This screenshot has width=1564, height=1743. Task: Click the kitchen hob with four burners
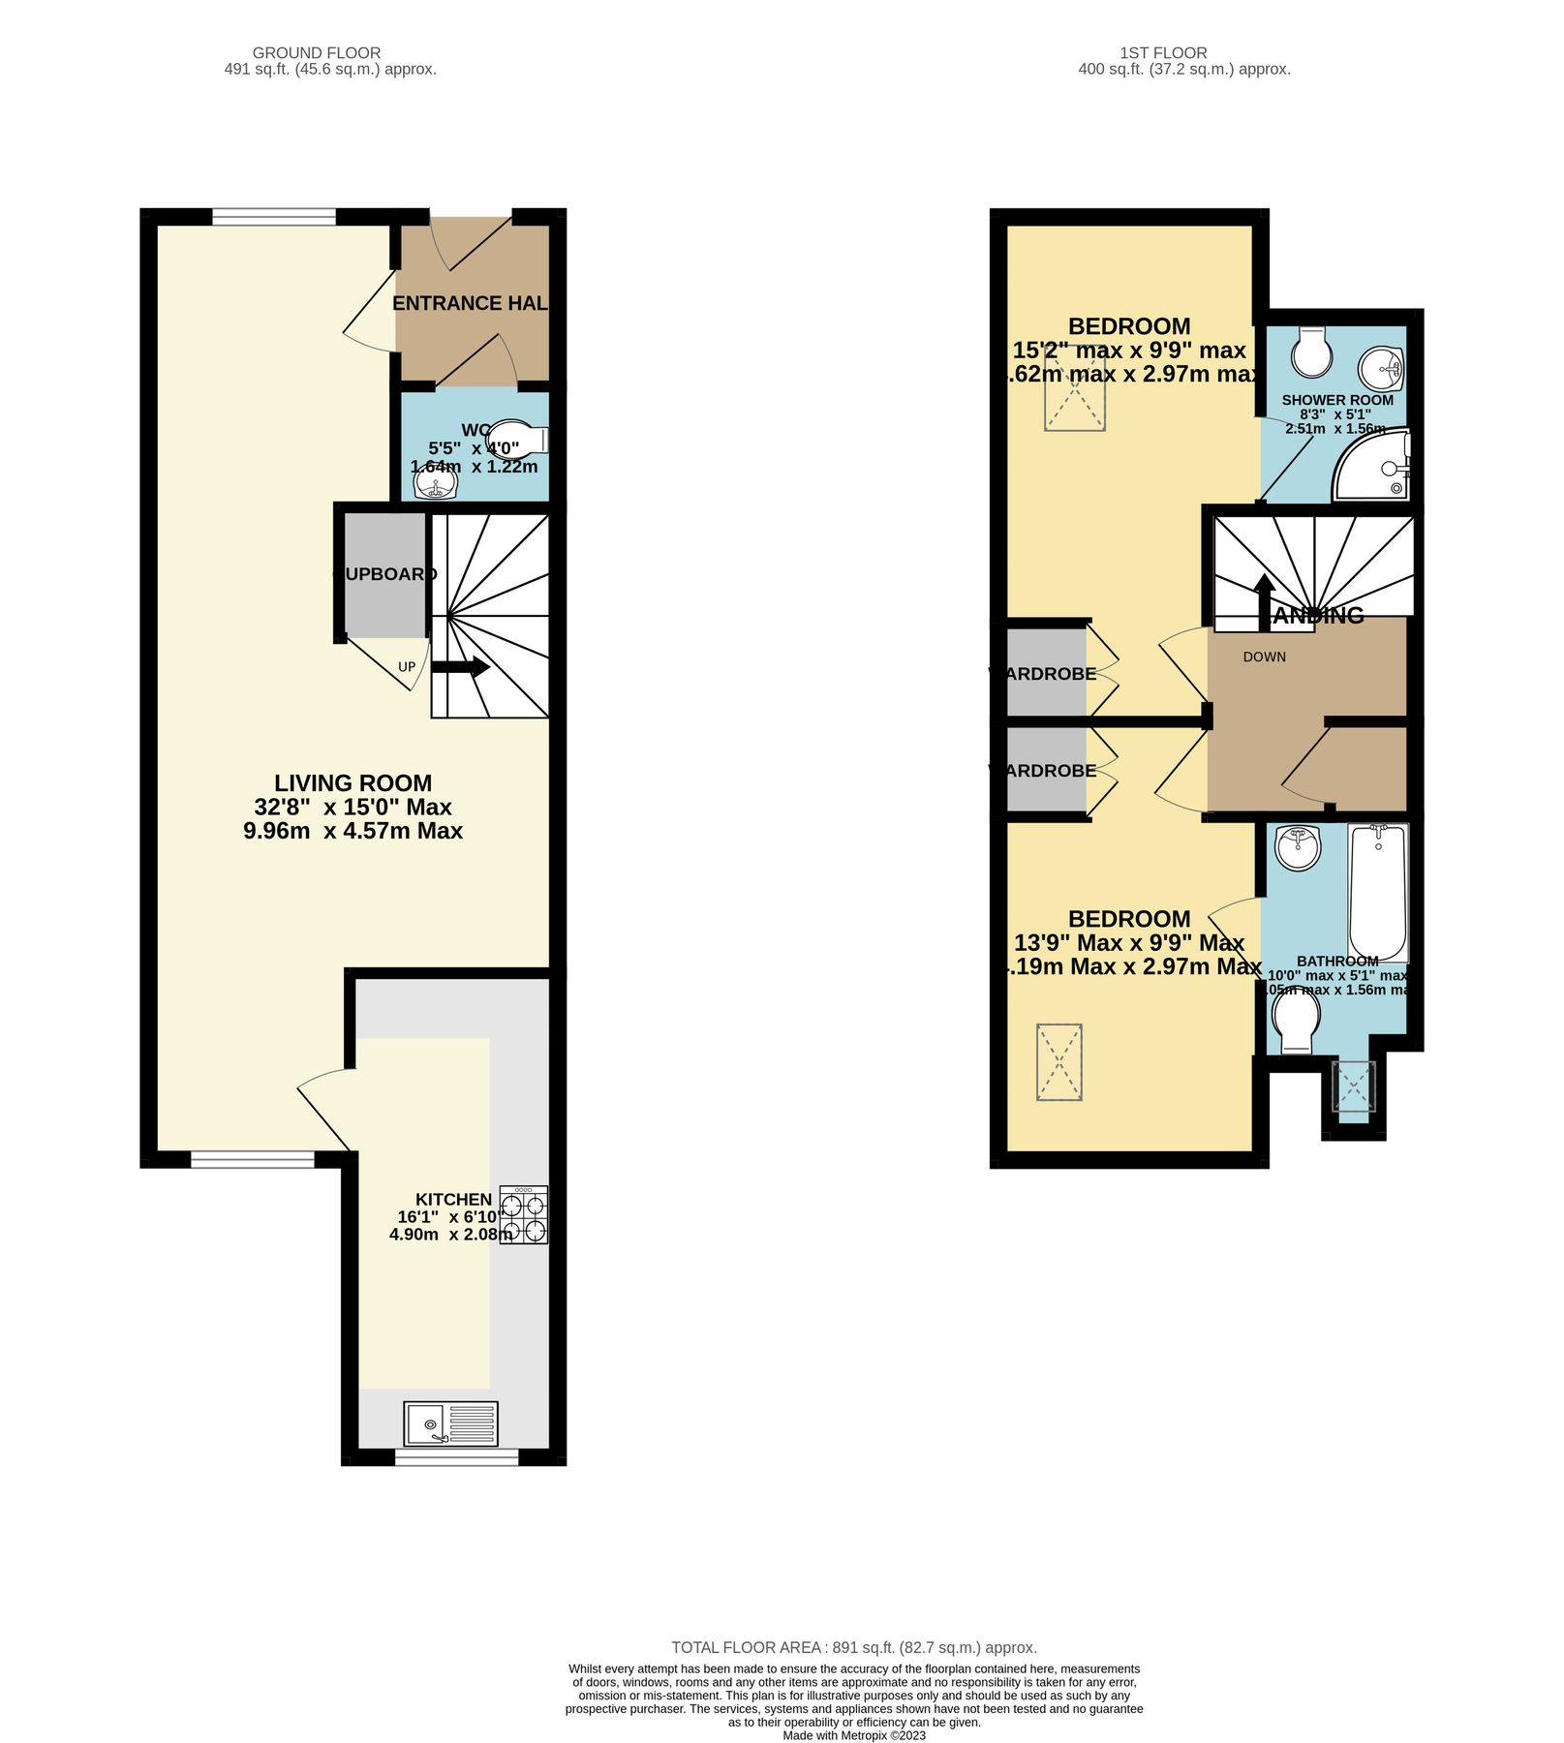click(x=523, y=1214)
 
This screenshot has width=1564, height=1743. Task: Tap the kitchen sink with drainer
click(x=450, y=1423)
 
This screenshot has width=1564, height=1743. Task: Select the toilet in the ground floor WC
click(x=516, y=439)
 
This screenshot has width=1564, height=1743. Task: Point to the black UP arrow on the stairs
click(x=460, y=667)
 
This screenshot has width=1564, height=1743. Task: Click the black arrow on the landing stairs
click(x=1264, y=600)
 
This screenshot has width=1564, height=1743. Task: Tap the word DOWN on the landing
click(x=1264, y=657)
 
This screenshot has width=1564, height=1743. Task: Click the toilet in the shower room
click(x=1311, y=352)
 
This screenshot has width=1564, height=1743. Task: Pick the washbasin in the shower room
click(x=1381, y=368)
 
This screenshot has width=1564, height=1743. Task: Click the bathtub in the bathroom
click(x=1378, y=892)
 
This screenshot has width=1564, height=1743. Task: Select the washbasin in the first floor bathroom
click(x=1297, y=848)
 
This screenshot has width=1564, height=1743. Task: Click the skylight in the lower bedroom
click(x=1058, y=1062)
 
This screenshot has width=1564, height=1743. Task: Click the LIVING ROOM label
click(x=353, y=782)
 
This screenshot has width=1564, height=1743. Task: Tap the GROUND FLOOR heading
click(x=317, y=53)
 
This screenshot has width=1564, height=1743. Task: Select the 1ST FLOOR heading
click(x=1163, y=53)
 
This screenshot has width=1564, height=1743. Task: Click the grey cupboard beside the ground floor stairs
click(x=385, y=575)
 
